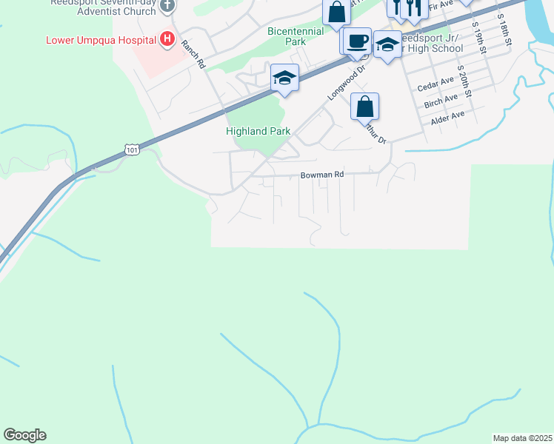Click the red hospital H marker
[x=168, y=38]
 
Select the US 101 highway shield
[x=132, y=150]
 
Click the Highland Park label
[x=258, y=131]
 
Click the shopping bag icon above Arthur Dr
[x=365, y=107]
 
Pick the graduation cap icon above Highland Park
[x=284, y=78]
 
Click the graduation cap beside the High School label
[x=387, y=45]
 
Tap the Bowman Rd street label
[x=322, y=175]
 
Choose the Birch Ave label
[x=441, y=101]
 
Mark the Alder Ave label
[x=447, y=116]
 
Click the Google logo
[x=24, y=435]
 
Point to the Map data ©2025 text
[x=523, y=438]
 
